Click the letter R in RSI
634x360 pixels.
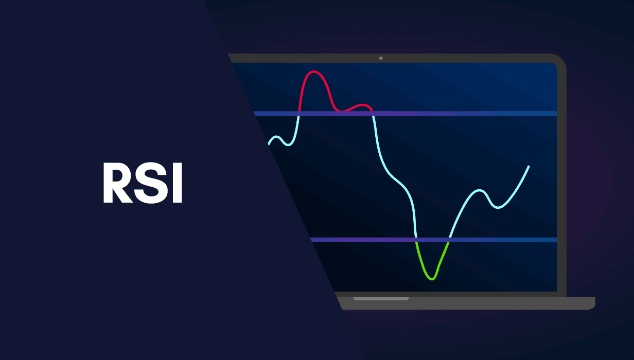116,184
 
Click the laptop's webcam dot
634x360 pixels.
381,58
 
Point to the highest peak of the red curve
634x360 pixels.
314,71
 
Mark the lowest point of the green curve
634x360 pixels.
432,279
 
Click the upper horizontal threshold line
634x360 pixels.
463,113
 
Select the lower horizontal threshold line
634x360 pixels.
489,240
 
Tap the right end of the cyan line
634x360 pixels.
529,166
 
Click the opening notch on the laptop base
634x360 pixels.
381,298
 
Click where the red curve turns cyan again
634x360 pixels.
373,113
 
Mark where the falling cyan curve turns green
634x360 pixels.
415,240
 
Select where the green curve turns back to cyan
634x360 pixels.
449,240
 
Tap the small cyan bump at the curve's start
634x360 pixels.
276,137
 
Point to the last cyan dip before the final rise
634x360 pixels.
497,207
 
